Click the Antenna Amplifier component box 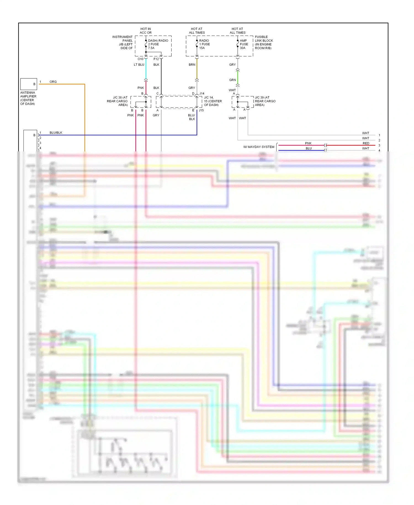click(28, 84)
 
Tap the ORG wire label click(53, 82)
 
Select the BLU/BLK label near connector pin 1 click(56, 133)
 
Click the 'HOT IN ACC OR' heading click(145, 31)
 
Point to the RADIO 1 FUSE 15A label click(204, 44)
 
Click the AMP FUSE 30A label click(244, 44)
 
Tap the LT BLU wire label click(139, 65)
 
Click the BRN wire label click(192, 65)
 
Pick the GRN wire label click(232, 80)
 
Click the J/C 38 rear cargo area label click(118, 101)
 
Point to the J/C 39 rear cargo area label click(265, 101)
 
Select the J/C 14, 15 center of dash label click(213, 101)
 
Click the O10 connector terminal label click(140, 59)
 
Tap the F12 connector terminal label click(156, 59)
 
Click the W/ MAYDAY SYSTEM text click(259, 147)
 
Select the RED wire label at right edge click(366, 143)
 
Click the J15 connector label click(201, 110)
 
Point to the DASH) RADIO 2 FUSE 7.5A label click(158, 44)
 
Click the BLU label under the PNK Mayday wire click(309, 148)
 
